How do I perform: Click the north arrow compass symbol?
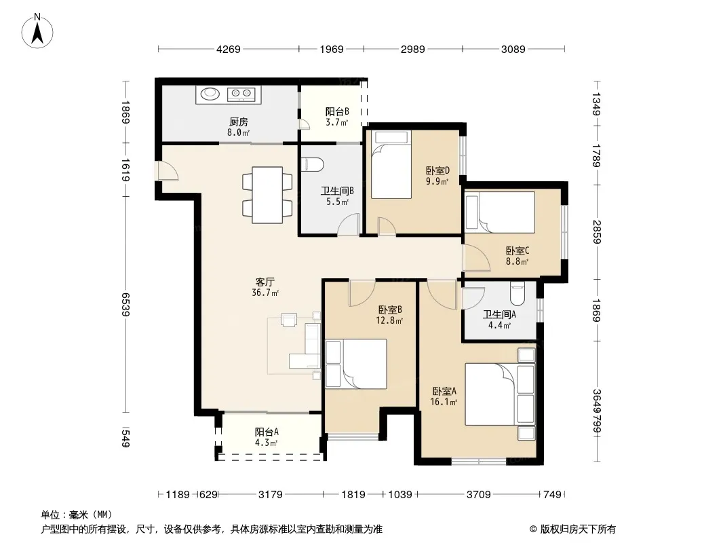point(37,31)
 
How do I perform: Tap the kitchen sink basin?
point(210,94)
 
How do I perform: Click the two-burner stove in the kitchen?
point(241,94)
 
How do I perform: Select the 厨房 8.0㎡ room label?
point(238,127)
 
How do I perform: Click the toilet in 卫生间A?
point(517,293)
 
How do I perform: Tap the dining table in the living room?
point(267,195)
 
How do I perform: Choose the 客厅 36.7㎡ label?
point(265,287)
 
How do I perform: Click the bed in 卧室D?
point(391,165)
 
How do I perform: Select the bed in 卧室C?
point(500,212)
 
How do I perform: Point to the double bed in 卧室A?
point(500,394)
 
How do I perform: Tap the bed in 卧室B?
point(356,364)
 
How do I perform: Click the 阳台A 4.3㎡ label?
point(267,437)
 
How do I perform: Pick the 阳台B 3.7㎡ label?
point(337,117)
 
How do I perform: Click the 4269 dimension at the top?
point(229,49)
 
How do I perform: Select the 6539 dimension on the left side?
point(125,304)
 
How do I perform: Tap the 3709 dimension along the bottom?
point(479,495)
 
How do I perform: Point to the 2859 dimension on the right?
point(597,232)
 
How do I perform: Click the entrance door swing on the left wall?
point(168,171)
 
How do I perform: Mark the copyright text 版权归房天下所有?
point(577,529)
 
